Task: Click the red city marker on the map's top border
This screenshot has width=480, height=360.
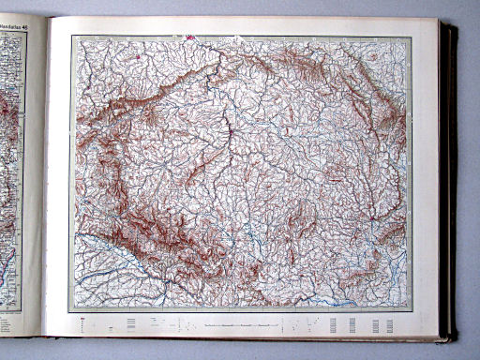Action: [190, 38]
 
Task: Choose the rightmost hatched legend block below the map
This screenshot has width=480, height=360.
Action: [388, 324]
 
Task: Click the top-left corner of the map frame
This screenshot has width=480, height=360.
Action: [72, 36]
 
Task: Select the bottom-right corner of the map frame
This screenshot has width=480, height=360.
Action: [412, 311]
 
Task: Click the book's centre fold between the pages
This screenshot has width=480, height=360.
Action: [42, 178]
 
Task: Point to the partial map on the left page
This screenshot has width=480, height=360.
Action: [11, 169]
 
